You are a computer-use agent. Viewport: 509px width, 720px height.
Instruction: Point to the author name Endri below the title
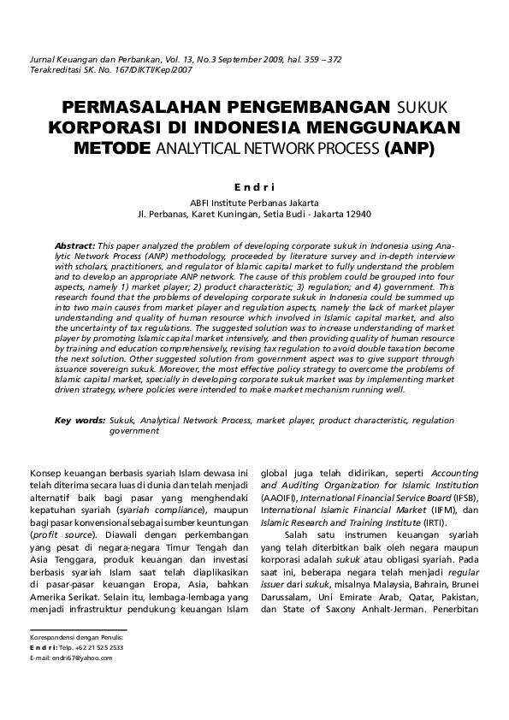[253, 185]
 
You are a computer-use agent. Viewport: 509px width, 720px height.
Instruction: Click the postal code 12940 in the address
[355, 214]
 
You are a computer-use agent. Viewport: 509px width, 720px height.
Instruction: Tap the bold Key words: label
[80, 421]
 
